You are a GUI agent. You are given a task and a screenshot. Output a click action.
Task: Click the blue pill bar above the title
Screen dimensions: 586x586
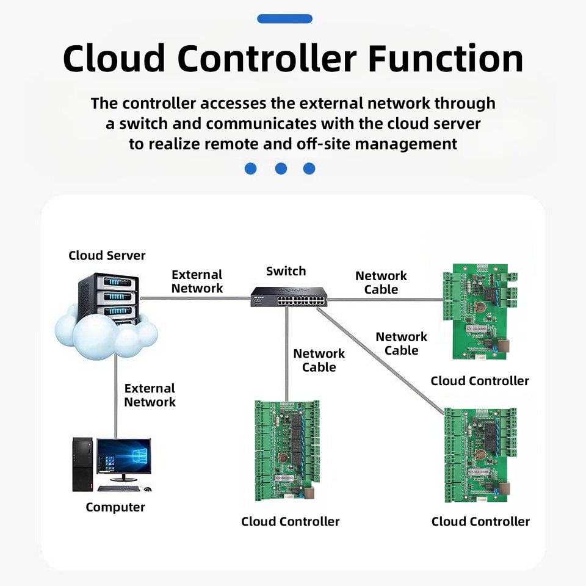(x=284, y=19)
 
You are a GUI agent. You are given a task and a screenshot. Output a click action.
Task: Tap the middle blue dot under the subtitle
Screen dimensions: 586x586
(x=281, y=168)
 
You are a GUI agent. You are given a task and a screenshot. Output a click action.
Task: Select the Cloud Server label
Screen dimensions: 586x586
(x=107, y=256)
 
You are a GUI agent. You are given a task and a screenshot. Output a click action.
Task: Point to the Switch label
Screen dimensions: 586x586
(x=286, y=271)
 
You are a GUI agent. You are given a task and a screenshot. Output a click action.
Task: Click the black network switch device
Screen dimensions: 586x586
(x=289, y=297)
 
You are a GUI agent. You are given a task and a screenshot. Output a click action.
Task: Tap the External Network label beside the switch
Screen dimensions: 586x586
(x=197, y=281)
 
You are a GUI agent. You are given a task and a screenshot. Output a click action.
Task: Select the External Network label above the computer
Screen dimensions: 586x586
(x=150, y=395)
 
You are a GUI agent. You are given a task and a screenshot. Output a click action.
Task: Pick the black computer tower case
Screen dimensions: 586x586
(x=82, y=464)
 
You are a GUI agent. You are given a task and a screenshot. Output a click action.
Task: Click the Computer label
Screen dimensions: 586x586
(x=115, y=507)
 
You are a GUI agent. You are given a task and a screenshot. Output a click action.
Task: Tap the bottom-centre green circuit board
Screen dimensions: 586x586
(x=287, y=450)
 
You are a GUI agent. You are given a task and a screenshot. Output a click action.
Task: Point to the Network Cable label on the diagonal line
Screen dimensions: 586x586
(x=401, y=344)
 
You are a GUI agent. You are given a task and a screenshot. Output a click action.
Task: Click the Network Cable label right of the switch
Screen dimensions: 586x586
(x=381, y=283)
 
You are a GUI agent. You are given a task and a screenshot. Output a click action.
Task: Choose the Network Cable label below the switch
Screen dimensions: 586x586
(x=319, y=360)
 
